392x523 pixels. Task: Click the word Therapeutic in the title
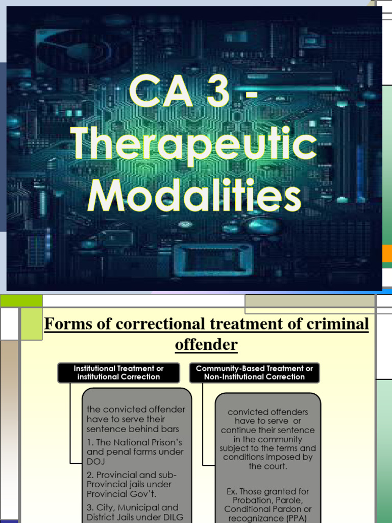(x=194, y=145)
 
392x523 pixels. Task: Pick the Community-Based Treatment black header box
(x=254, y=372)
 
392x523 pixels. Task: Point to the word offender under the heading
(x=206, y=345)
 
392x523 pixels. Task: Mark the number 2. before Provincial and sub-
(x=90, y=475)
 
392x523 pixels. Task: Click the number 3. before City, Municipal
(x=90, y=508)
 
